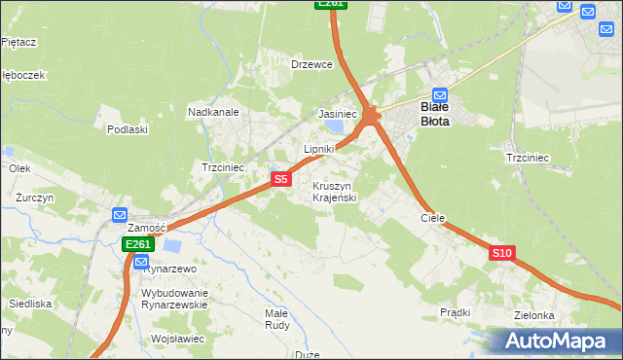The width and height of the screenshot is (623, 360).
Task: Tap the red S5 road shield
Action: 280,179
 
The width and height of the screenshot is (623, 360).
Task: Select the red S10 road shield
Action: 500,253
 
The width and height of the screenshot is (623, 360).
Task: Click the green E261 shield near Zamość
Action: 137,244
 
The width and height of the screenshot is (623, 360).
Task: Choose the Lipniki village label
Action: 319,149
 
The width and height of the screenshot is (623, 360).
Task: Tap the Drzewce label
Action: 311,65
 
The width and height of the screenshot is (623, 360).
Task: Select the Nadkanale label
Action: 213,112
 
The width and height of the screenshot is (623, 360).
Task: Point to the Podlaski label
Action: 128,129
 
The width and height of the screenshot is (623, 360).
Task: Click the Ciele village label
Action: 432,218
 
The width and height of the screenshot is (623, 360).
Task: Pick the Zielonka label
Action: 535,315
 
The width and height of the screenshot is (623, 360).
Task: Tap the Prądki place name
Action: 455,312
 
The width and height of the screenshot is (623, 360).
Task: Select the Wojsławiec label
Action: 178,339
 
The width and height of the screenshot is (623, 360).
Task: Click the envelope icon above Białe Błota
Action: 439,95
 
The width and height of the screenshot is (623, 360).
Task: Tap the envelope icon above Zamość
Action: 120,214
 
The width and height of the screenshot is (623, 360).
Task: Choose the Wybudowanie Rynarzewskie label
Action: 175,298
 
